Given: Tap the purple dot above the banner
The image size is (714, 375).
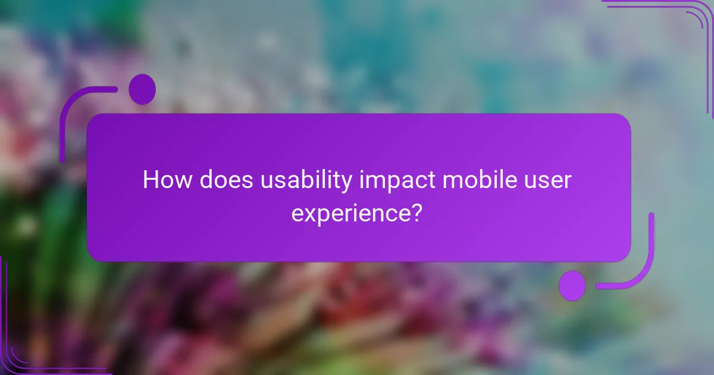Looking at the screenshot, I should (142, 89).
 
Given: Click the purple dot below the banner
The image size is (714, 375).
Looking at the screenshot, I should (572, 285).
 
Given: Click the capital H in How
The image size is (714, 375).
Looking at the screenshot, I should (151, 180).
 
